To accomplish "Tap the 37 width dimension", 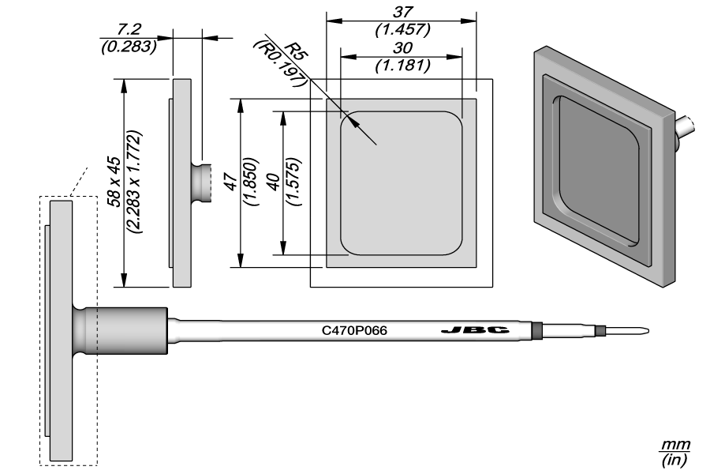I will pyautogui.click(x=401, y=13).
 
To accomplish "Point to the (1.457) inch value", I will pyautogui.click(x=401, y=30).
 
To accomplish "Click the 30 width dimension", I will pyautogui.click(x=401, y=49).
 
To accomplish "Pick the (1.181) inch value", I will pyautogui.click(x=401, y=66).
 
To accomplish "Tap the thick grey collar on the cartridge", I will pyautogui.click(x=131, y=330).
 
